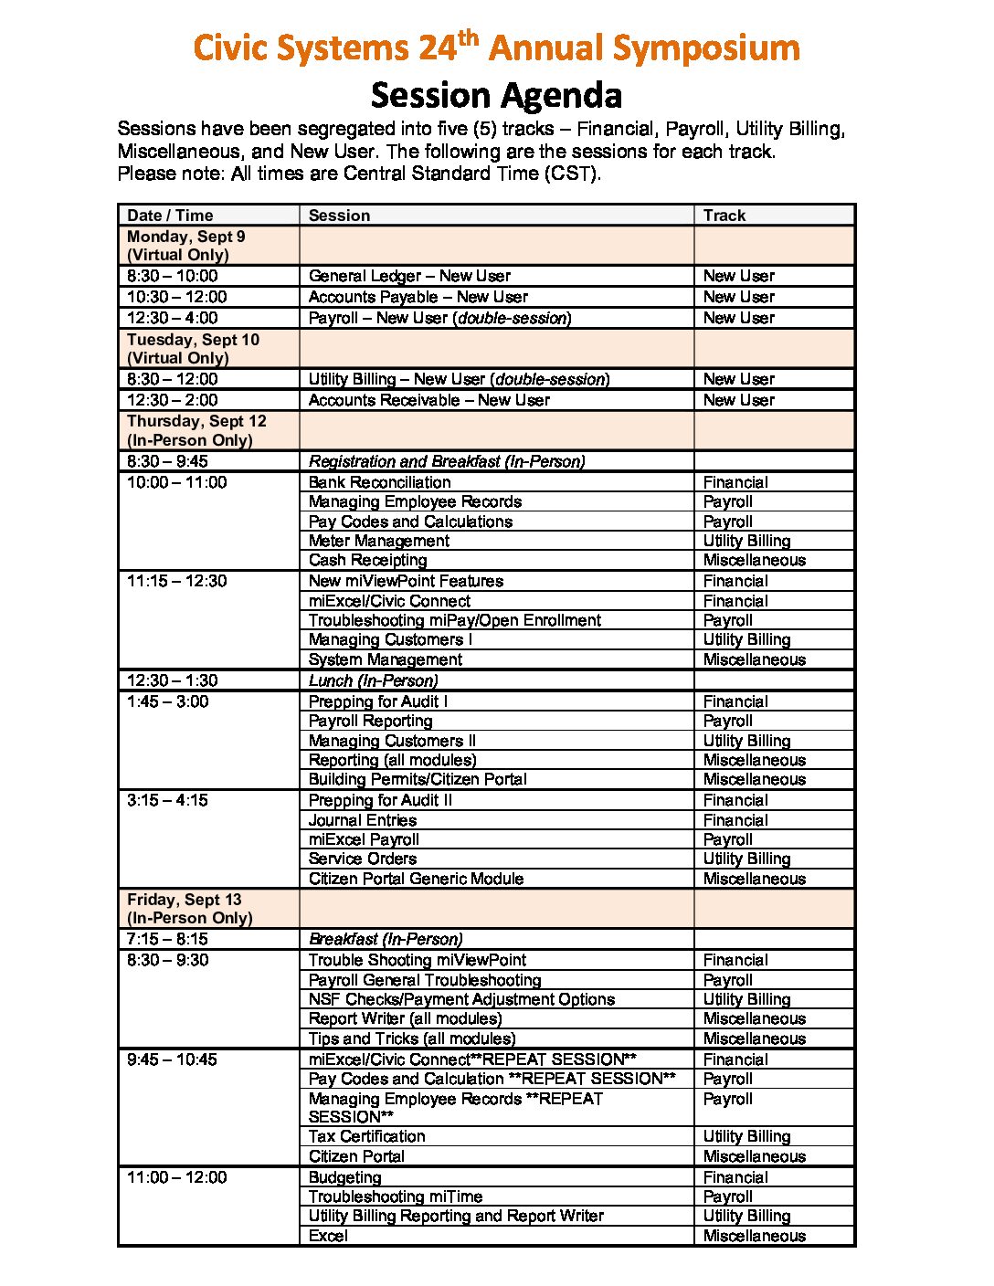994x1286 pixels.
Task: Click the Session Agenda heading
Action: pyautogui.click(x=496, y=95)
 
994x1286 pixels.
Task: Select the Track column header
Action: pyautogui.click(x=724, y=216)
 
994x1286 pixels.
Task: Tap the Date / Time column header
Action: pyautogui.click(x=170, y=216)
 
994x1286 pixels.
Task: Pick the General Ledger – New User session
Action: pyautogui.click(x=409, y=276)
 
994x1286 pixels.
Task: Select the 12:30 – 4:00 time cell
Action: pyautogui.click(x=173, y=318)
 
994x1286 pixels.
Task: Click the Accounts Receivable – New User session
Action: pyautogui.click(x=428, y=400)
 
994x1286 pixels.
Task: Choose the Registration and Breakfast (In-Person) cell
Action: pyautogui.click(x=447, y=461)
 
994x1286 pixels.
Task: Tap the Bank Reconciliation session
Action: pyautogui.click(x=379, y=482)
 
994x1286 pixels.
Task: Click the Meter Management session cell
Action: pyautogui.click(x=378, y=541)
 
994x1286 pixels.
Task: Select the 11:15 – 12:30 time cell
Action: pyautogui.click(x=176, y=581)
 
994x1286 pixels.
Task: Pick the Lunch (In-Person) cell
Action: pyautogui.click(x=373, y=680)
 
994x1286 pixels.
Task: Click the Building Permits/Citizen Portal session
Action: pyautogui.click(x=418, y=779)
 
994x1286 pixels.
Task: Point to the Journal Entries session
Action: pyautogui.click(x=362, y=820)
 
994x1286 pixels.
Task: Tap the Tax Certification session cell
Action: pyautogui.click(x=366, y=1136)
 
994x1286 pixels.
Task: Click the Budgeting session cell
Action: pyautogui.click(x=344, y=1177)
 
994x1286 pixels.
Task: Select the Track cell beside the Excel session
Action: pyautogui.click(x=754, y=1236)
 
